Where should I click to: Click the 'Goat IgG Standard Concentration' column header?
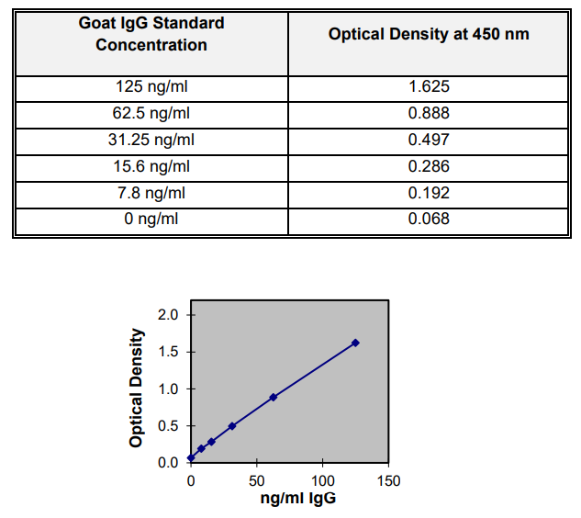(x=151, y=34)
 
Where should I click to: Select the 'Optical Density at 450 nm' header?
(x=429, y=34)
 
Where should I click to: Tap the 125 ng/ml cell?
(x=151, y=88)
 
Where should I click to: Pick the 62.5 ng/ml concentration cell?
(x=151, y=114)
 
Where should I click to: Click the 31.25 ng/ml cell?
(x=151, y=141)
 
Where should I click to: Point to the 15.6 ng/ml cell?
(x=151, y=166)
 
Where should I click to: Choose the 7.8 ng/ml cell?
(x=151, y=193)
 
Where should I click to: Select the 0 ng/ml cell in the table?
(x=151, y=219)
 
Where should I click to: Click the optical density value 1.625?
(x=429, y=88)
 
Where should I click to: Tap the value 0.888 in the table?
(x=429, y=114)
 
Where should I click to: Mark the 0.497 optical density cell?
(x=429, y=141)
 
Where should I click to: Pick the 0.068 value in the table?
(x=429, y=219)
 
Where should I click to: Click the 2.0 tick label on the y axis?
(x=168, y=315)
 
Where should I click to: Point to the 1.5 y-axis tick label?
(x=168, y=352)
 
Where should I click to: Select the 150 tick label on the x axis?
(x=388, y=480)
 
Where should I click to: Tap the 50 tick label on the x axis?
(x=257, y=480)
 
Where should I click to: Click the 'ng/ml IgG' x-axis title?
(x=290, y=499)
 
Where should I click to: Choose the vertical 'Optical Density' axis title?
(x=137, y=388)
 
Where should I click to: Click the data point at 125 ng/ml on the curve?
(x=355, y=343)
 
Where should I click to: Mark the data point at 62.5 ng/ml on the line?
(x=274, y=397)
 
